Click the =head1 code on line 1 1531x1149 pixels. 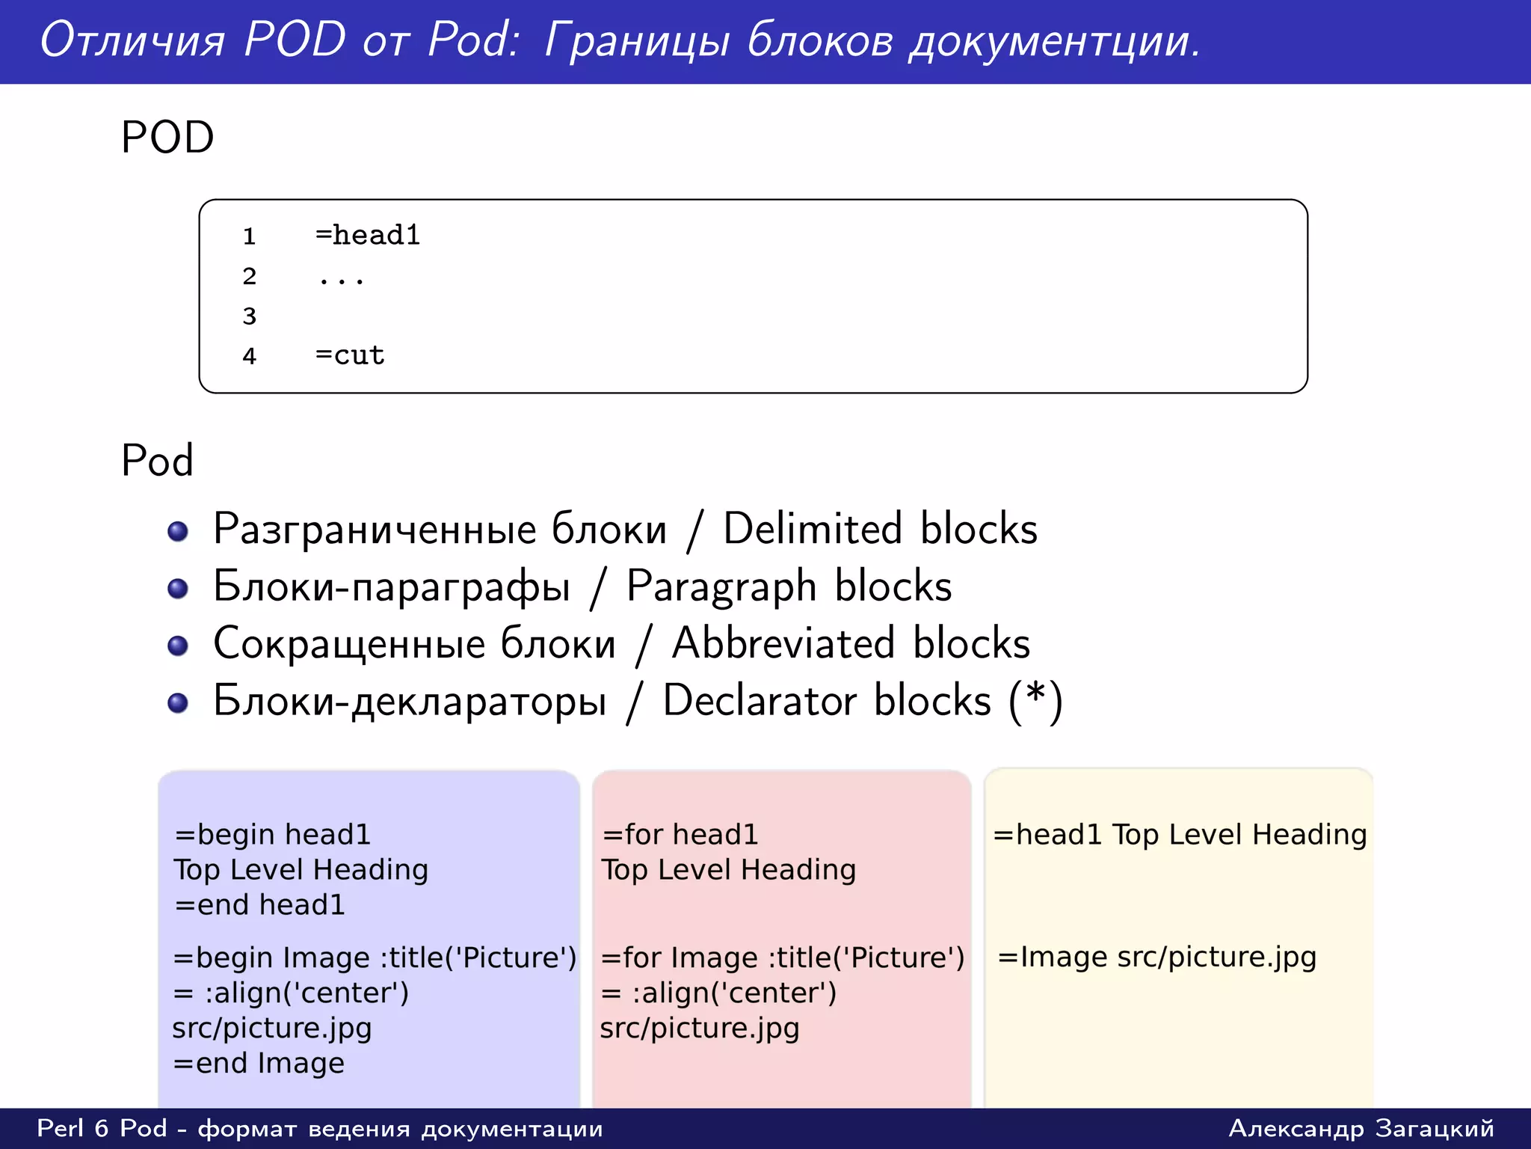(x=367, y=236)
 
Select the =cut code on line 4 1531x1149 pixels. (x=350, y=355)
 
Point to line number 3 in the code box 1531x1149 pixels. (x=250, y=316)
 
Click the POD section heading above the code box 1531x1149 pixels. (x=167, y=138)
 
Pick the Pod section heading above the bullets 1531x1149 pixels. (x=157, y=460)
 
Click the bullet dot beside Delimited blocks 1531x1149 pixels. (x=178, y=531)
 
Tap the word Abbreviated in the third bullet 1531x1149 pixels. (x=783, y=643)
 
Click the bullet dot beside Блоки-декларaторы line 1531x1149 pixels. (x=178, y=703)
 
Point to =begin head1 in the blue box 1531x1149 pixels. (x=272, y=835)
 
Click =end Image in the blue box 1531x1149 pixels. (x=259, y=1063)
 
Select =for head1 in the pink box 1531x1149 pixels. (x=680, y=835)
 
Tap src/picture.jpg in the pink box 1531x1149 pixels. (x=700, y=1029)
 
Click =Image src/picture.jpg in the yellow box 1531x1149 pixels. (x=1157, y=957)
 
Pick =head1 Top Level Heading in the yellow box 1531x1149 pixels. (x=1180, y=835)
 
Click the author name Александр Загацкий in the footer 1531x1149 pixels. (x=1361, y=1128)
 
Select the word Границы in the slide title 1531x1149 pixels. (x=636, y=40)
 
